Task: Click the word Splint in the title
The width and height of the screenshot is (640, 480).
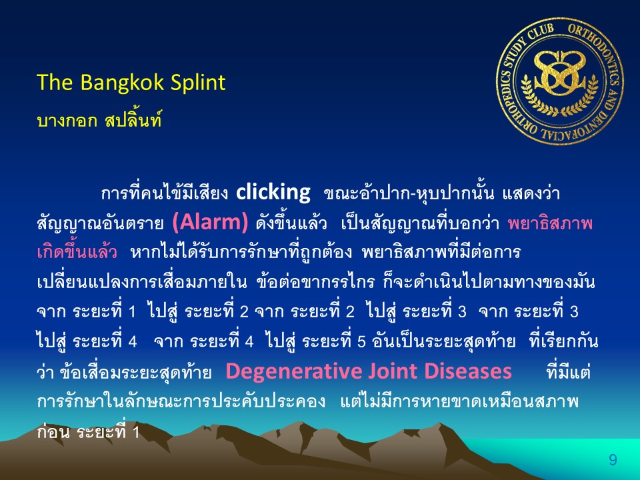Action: point(197,83)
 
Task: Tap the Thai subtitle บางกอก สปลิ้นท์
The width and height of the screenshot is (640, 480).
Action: point(99,121)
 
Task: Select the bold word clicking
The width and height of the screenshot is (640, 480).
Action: point(273,192)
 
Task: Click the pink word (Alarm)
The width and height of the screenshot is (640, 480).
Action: point(210,223)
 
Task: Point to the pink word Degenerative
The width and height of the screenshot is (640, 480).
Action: point(293,371)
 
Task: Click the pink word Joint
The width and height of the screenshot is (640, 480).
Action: point(392,371)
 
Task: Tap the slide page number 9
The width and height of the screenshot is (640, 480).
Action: point(613,460)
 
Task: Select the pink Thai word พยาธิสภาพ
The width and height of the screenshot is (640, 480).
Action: point(549,223)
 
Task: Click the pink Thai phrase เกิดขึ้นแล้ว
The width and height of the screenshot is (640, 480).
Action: point(77,252)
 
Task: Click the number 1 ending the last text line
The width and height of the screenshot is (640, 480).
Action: point(135,432)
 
